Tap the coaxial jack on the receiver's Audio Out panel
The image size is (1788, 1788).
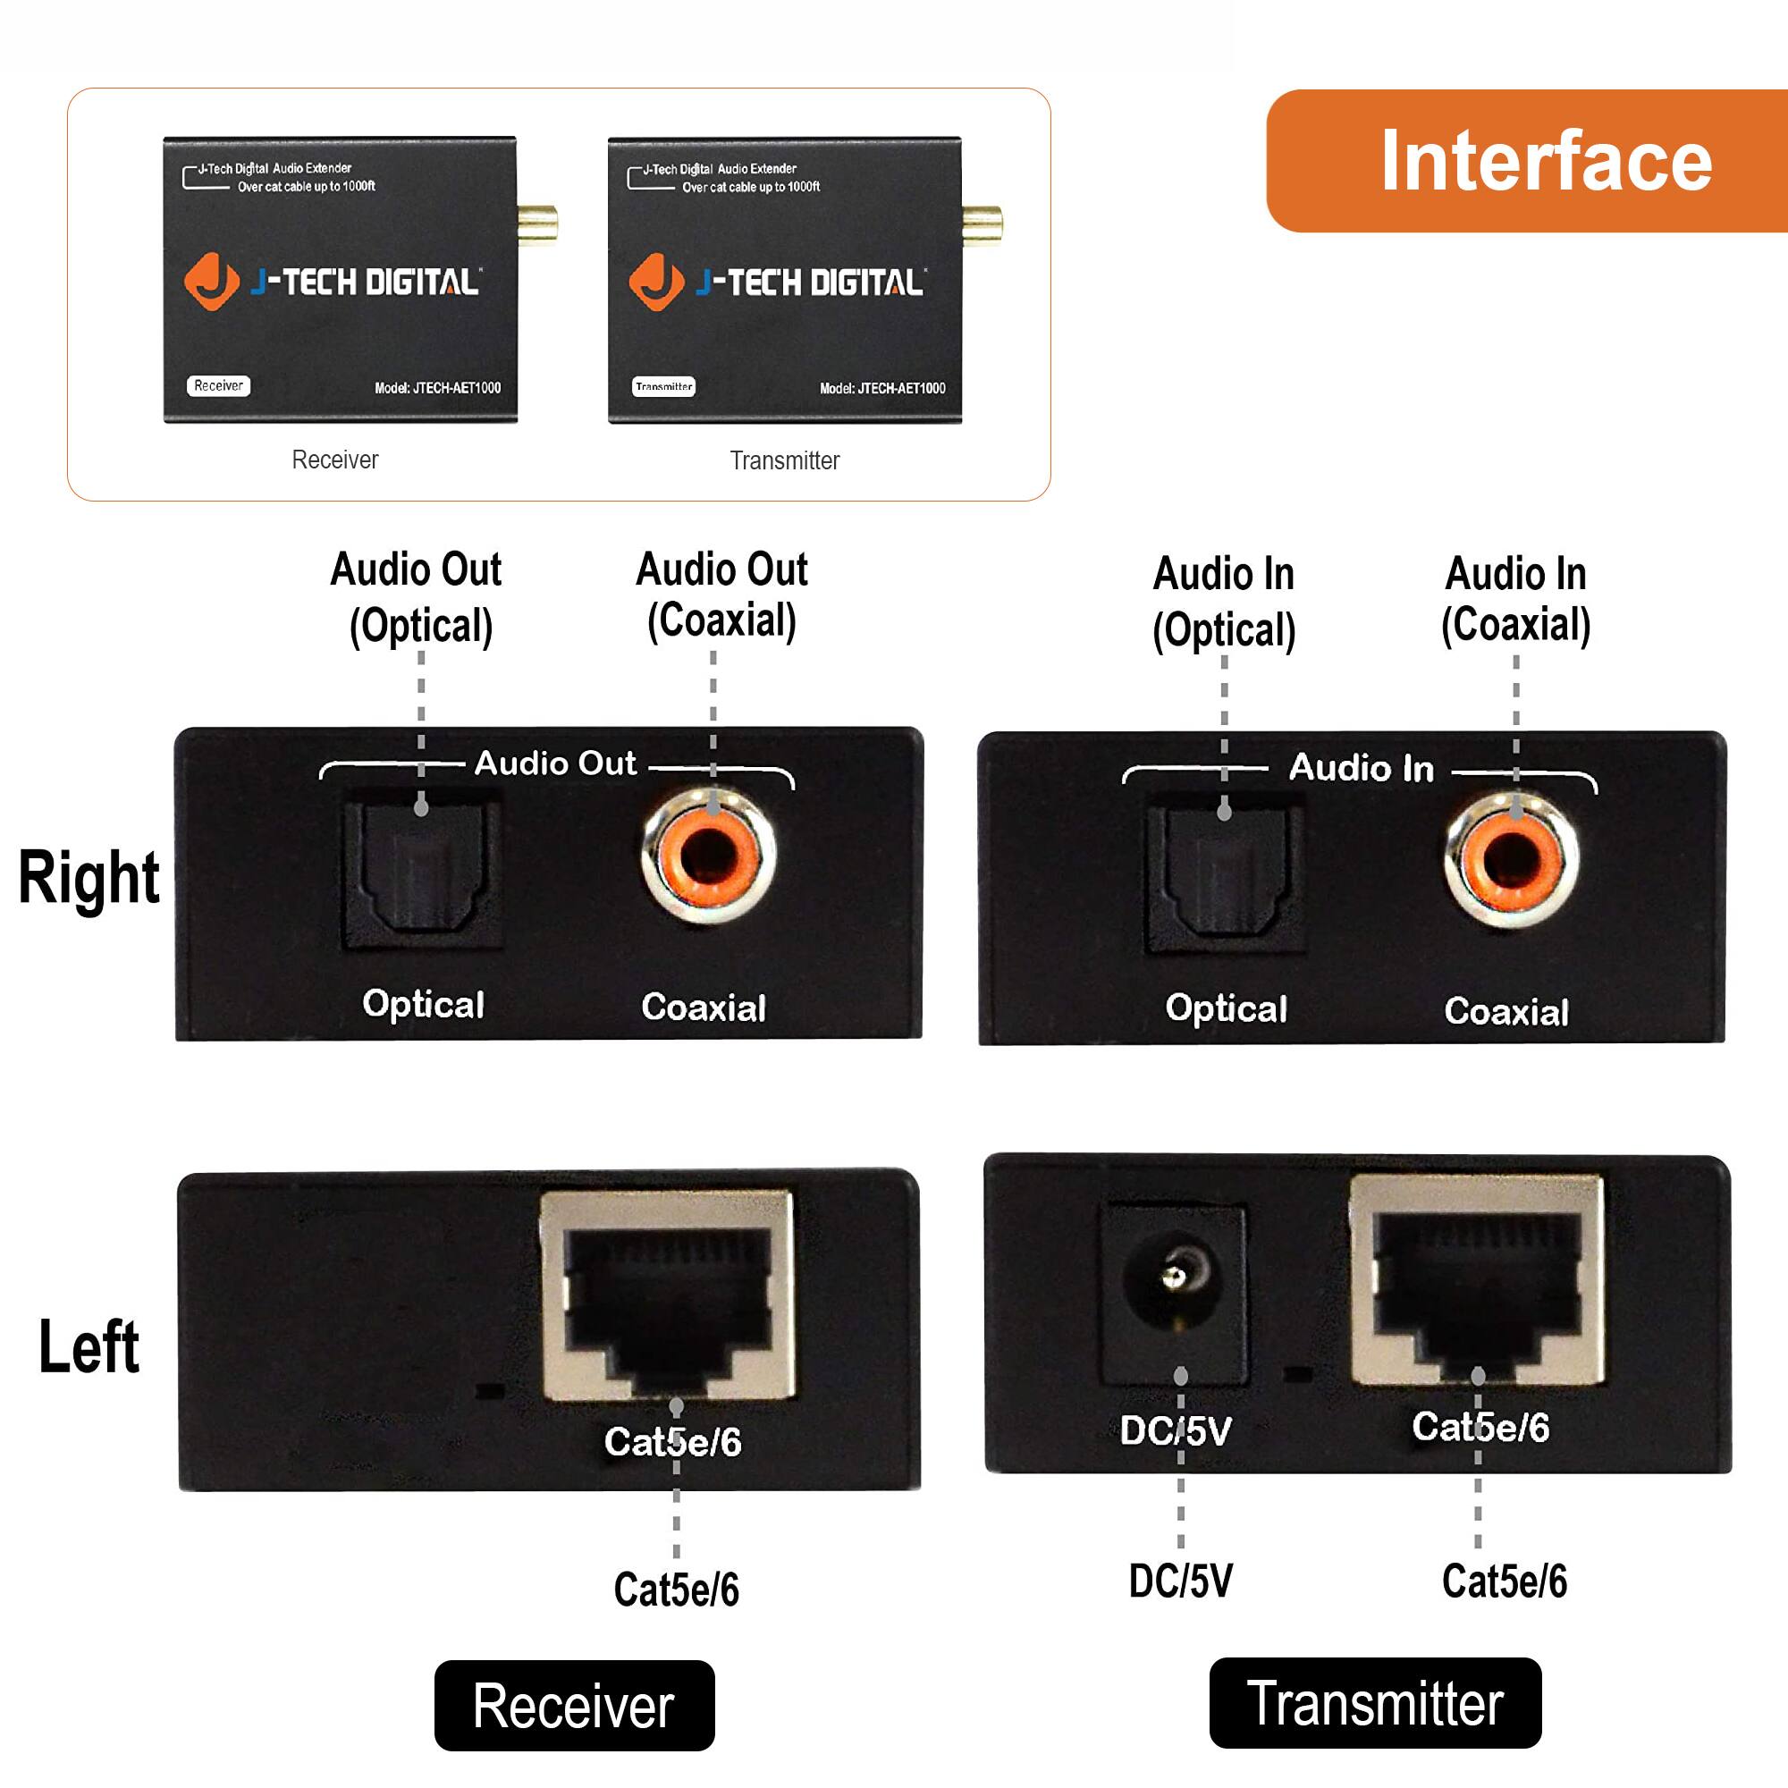[x=709, y=856]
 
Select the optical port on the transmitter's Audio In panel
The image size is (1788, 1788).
[x=1225, y=879]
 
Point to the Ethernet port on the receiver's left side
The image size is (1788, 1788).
[x=667, y=1295]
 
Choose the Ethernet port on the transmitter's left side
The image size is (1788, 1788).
[x=1477, y=1282]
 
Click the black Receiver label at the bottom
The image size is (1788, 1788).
[x=574, y=1706]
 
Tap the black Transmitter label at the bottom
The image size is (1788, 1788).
[x=1374, y=1703]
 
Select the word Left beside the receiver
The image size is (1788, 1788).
[x=89, y=1347]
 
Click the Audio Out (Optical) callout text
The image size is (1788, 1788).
[x=418, y=597]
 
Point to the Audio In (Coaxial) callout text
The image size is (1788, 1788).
[x=1515, y=599]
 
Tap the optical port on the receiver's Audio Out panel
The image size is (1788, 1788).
[x=422, y=874]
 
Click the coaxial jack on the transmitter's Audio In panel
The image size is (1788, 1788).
[x=1511, y=861]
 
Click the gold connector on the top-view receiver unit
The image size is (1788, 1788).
[x=537, y=225]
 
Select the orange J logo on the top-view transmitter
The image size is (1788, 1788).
[x=656, y=282]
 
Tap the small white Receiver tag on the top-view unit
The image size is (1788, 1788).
[x=218, y=386]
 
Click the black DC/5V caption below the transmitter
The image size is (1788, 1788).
[x=1180, y=1581]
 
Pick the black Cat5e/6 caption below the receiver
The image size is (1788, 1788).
[x=677, y=1589]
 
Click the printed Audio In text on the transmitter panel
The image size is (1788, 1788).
[x=1361, y=768]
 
